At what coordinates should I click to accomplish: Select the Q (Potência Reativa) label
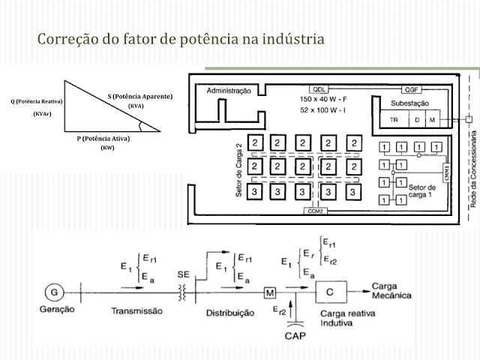coord(37,101)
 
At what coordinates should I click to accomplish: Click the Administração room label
coord(223,91)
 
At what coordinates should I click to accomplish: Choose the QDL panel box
coord(322,87)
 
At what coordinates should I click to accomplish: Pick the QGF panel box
coord(413,88)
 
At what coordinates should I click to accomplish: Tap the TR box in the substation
coord(394,120)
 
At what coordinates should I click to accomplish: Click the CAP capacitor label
coord(295,337)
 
